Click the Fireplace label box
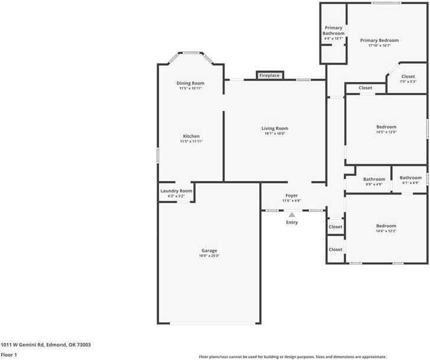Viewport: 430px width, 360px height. tap(269, 76)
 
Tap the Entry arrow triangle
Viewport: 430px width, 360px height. tap(292, 216)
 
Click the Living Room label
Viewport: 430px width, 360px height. tap(275, 128)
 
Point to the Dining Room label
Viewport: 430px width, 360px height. tap(190, 83)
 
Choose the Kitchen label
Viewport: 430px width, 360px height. tap(191, 137)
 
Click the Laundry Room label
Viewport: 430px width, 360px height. tap(177, 191)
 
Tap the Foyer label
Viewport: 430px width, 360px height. tap(292, 196)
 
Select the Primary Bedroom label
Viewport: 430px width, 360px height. tap(379, 40)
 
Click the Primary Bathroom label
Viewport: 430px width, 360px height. tap(333, 31)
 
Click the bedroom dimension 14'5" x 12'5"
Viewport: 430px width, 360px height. tap(386, 132)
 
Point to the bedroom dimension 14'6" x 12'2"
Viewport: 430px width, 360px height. tap(386, 231)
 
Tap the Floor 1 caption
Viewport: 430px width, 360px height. tap(9, 355)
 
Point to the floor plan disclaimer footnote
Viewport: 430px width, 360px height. tap(309, 356)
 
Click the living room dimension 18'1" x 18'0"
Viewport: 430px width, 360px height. tap(275, 134)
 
